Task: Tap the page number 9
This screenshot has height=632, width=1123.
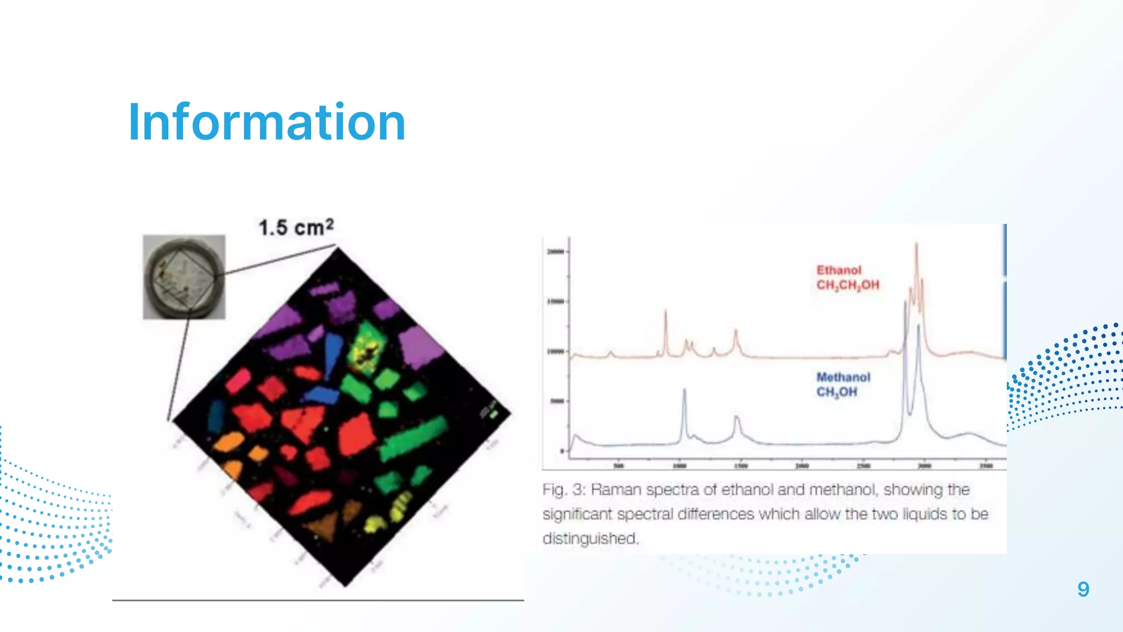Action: [x=1083, y=589]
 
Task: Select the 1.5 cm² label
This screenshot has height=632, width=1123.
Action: [x=296, y=227]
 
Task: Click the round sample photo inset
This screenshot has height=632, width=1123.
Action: [x=184, y=277]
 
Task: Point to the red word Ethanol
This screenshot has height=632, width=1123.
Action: [x=839, y=270]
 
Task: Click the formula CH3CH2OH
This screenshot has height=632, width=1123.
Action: [x=848, y=285]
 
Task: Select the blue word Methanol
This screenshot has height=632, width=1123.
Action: [x=843, y=377]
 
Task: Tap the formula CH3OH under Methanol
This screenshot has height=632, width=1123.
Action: [x=836, y=392]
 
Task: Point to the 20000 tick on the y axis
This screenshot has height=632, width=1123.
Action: [x=556, y=252]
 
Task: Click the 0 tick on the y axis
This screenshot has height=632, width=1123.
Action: [x=562, y=451]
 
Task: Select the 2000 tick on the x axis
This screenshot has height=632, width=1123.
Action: [x=802, y=466]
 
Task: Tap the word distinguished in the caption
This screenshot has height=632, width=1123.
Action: [x=590, y=538]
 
